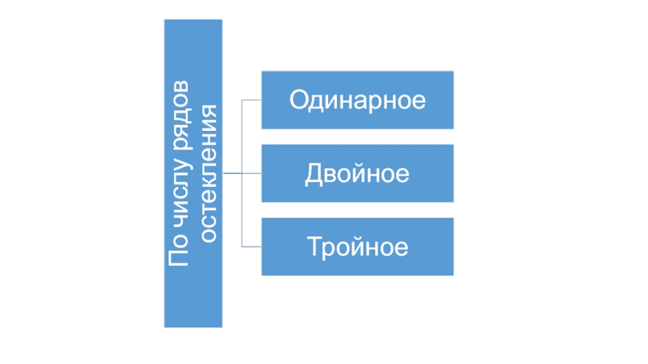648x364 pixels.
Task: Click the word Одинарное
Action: tap(357, 100)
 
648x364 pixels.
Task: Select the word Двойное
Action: tap(357, 174)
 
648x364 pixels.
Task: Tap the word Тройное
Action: tap(357, 247)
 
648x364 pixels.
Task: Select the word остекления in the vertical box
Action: tap(208, 173)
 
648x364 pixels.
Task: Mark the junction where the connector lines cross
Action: tap(242, 173)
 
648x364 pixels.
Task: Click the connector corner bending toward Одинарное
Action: tap(242, 100)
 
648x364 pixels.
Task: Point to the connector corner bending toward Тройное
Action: tap(242, 247)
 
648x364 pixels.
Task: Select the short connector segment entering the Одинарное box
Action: tap(252, 100)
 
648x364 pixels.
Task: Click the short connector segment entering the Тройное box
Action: tap(252, 247)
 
